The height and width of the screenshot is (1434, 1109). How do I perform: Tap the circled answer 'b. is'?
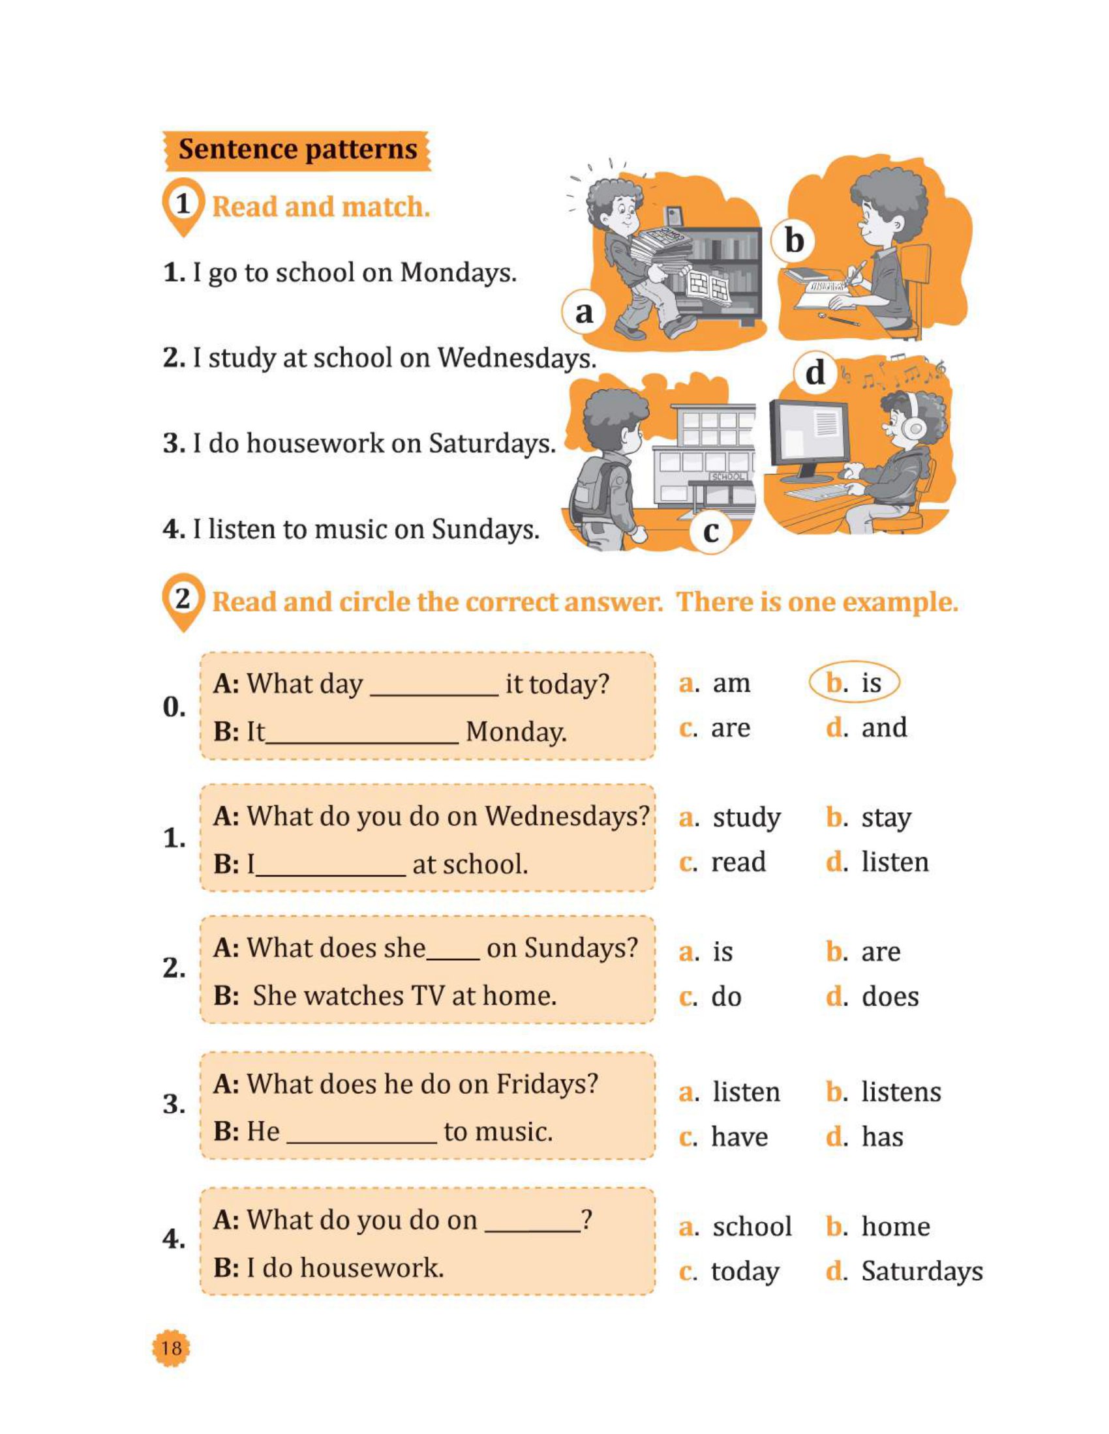853,683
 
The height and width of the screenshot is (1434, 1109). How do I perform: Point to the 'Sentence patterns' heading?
297,150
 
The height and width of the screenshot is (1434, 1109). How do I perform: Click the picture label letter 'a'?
583,312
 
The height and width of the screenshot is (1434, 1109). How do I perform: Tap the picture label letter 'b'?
795,241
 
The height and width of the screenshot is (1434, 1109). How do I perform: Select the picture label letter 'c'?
711,531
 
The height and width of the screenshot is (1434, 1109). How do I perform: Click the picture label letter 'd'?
815,372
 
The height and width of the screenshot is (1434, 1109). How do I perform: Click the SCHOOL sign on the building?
727,476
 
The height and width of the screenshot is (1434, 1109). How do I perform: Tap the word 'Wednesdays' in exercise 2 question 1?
567,816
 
